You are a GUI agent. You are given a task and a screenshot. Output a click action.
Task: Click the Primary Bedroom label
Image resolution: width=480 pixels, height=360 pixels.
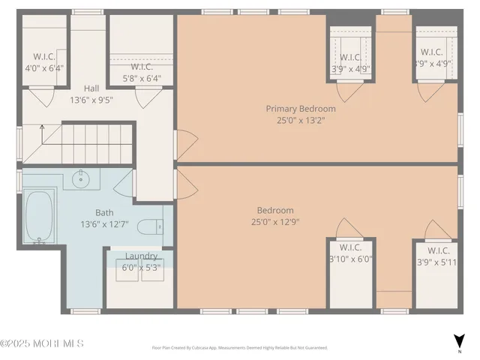coord(301,109)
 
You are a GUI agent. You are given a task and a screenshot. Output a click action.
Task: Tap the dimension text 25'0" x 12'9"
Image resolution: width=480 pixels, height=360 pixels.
coord(275,221)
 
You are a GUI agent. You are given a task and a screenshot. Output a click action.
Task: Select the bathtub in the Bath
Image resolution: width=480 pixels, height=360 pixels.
coord(37,216)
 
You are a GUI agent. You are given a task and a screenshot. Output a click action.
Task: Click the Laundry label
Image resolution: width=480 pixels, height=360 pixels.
coord(141,256)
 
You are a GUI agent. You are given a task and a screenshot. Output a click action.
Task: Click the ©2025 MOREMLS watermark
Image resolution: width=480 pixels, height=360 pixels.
coord(42,343)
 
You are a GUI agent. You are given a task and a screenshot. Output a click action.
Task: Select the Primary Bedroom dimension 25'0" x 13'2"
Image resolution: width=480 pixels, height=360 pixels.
coord(301,120)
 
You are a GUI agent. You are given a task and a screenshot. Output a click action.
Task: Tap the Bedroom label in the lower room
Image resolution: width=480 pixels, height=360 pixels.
coord(275,210)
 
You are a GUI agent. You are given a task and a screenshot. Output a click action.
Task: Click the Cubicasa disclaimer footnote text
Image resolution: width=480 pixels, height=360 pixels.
coord(240,348)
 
